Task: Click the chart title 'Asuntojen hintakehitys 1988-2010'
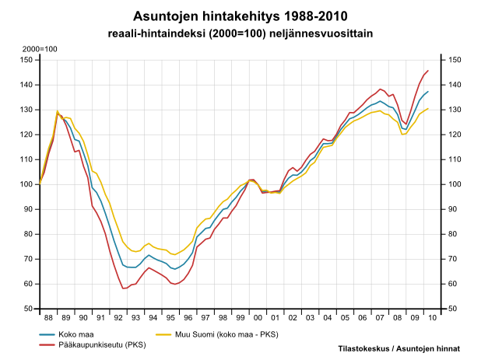240,16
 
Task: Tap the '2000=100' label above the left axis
40,50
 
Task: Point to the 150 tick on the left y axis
27,60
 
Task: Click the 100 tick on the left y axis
27,184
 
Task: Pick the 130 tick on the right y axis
453,110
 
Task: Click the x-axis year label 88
48,318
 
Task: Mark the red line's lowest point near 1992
124,288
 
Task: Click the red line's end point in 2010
427,71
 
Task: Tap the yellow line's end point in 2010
427,109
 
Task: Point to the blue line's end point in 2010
427,92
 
